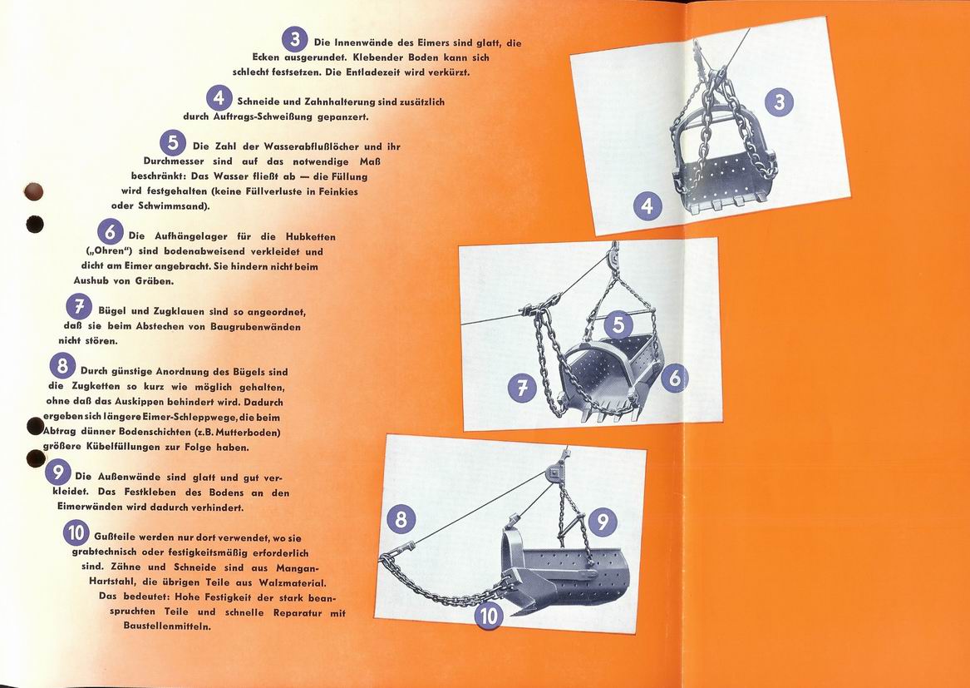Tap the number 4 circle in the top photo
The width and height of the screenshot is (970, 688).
pyautogui.click(x=647, y=205)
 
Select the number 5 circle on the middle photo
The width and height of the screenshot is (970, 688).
pyautogui.click(x=618, y=324)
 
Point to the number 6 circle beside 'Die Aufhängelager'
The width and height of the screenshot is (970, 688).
pyautogui.click(x=110, y=232)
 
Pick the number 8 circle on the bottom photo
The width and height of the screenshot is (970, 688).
pyautogui.click(x=401, y=518)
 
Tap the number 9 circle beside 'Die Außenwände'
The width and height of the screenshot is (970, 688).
pyautogui.click(x=57, y=473)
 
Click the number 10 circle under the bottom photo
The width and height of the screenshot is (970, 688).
pyautogui.click(x=489, y=616)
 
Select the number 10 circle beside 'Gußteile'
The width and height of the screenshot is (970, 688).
pyautogui.click(x=76, y=533)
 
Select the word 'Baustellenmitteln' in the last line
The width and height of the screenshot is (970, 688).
pyautogui.click(x=168, y=626)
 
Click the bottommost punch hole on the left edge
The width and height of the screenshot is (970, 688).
pyautogui.click(x=35, y=458)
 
